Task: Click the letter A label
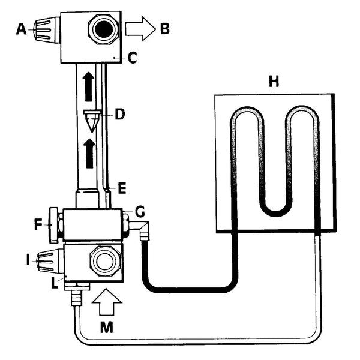click(21, 29)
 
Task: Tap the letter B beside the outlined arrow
click(165, 29)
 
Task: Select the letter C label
click(132, 58)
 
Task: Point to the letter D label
click(119, 115)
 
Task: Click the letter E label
click(122, 188)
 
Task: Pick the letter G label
click(140, 211)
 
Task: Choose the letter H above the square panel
click(274, 82)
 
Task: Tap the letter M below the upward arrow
click(107, 327)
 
